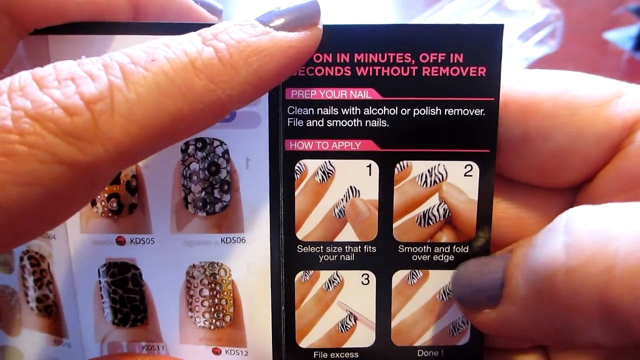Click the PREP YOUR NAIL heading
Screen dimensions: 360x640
pyautogui.click(x=331, y=94)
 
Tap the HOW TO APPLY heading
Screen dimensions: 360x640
pyautogui.click(x=325, y=145)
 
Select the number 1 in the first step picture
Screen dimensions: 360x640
pyautogui.click(x=369, y=171)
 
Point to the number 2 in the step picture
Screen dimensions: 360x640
pyautogui.click(x=467, y=171)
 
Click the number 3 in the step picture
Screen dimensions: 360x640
pyautogui.click(x=365, y=280)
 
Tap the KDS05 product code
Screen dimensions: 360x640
pyautogui.click(x=142, y=241)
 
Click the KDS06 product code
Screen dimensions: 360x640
pyautogui.click(x=233, y=240)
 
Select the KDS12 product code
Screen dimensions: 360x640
pyautogui.click(x=236, y=352)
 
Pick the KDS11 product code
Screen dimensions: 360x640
pyautogui.click(x=153, y=347)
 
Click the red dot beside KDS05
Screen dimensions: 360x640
pyautogui.click(x=120, y=241)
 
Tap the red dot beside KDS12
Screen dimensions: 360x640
pyautogui.click(x=216, y=351)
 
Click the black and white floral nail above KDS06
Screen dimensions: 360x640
pyautogui.click(x=205, y=176)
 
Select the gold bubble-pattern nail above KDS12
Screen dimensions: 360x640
pyautogui.click(x=209, y=295)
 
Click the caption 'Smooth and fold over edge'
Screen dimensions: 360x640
pyautogui.click(x=433, y=253)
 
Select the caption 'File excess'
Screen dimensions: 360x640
pyautogui.click(x=335, y=354)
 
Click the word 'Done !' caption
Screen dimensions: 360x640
pyautogui.click(x=430, y=353)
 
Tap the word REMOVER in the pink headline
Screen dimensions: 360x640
pyautogui.click(x=454, y=71)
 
